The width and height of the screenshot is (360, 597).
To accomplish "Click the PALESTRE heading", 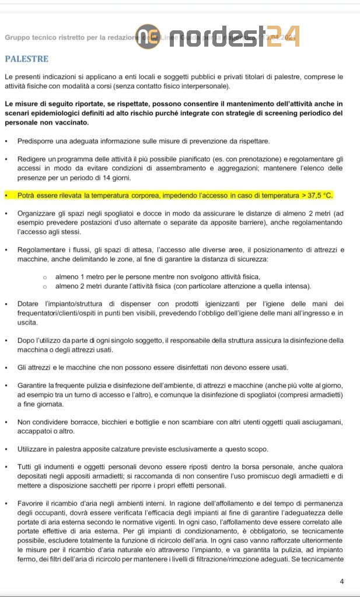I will [26, 59].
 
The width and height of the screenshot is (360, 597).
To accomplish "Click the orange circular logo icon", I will [145, 36].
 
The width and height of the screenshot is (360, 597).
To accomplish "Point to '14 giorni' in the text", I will [114, 178].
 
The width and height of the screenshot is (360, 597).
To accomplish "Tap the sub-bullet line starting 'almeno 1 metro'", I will [158, 276].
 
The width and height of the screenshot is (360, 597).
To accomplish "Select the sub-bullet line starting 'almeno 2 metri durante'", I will [183, 286].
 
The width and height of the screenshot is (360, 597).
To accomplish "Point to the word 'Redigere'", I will [33, 159].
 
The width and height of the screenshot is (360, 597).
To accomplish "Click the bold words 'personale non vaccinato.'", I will [47, 123].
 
